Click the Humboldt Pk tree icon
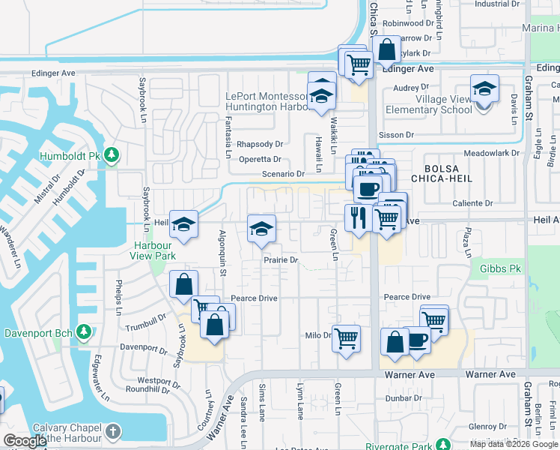click(x=112, y=155)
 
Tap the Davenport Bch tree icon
click(x=84, y=331)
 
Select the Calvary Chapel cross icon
click(x=112, y=431)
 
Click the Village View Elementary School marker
click(x=484, y=89)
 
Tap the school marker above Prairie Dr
click(x=261, y=229)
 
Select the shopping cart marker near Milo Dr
click(x=346, y=338)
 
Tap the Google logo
click(x=25, y=441)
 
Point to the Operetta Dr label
click(x=260, y=160)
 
